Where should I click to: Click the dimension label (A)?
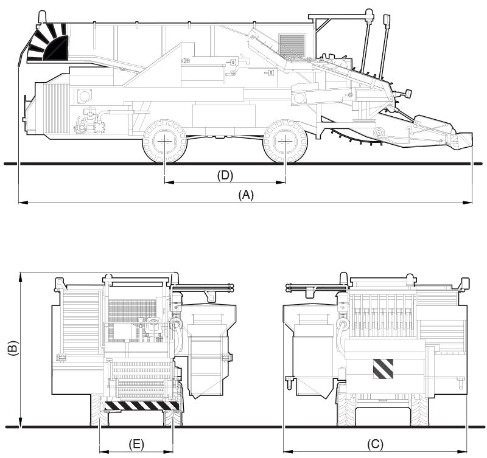pyautogui.click(x=246, y=195)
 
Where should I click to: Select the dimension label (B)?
pyautogui.click(x=13, y=348)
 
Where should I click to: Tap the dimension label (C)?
pyautogui.click(x=375, y=444)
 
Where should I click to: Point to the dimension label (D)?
pyautogui.click(x=225, y=175)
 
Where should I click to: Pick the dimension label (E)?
pyautogui.click(x=136, y=444)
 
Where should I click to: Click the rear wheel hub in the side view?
pyautogui.click(x=164, y=141)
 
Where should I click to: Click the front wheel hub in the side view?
pyautogui.click(x=285, y=141)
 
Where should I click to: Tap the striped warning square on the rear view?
pyautogui.click(x=383, y=369)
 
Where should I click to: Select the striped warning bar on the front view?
pyautogui.click(x=142, y=405)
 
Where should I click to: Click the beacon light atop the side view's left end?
pyautogui.click(x=41, y=17)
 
